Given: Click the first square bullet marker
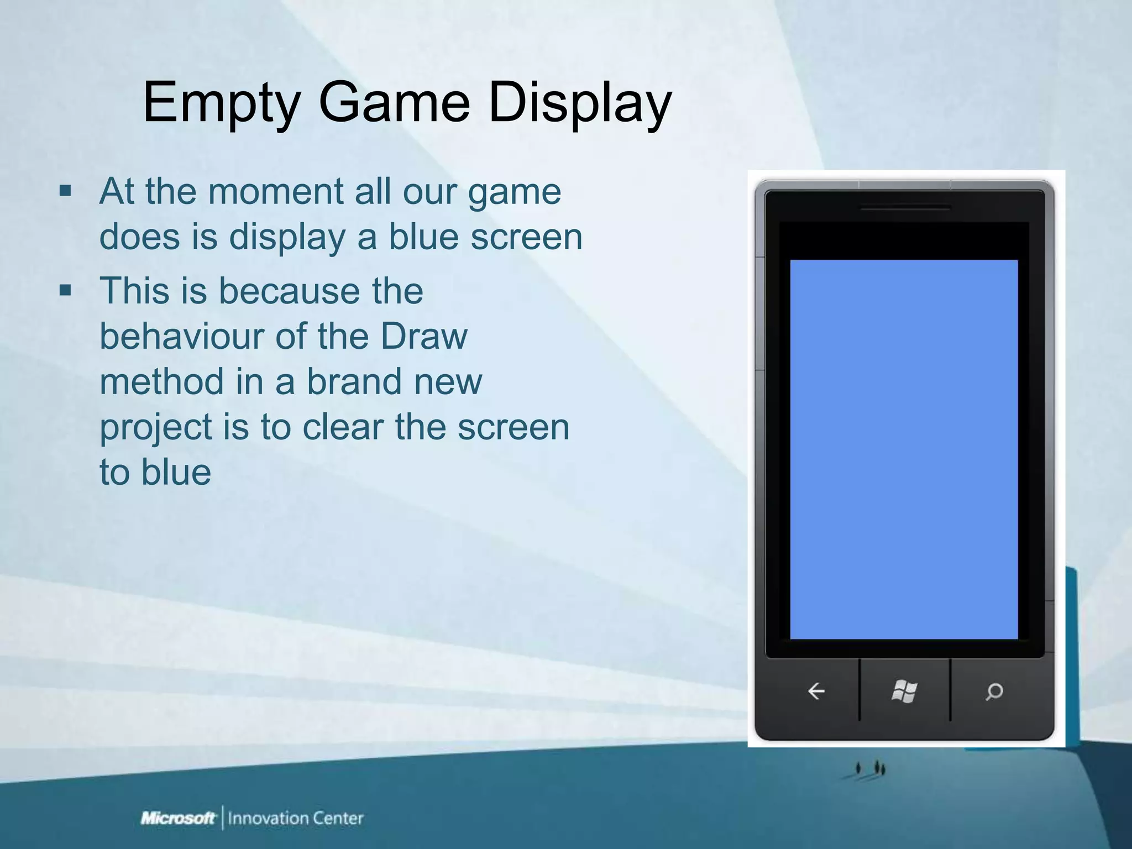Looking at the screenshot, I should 65,192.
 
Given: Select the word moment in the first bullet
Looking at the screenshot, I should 276,192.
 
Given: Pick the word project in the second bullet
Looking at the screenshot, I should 156,428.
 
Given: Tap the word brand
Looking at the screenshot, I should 354,381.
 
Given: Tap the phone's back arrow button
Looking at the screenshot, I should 816,691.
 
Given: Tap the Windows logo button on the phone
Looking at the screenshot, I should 904,691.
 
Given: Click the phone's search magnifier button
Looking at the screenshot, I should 994,691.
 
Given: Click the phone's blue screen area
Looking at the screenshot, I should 904,449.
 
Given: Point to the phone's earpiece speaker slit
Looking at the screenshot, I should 905,208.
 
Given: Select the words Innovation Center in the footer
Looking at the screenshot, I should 296,817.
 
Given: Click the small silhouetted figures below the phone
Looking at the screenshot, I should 871,768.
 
